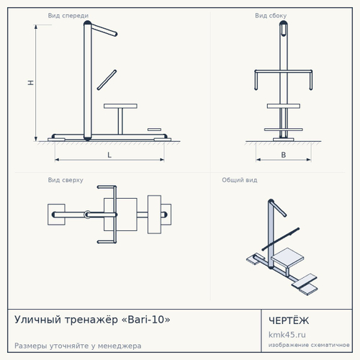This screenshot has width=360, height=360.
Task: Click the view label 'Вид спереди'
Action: click(68, 16)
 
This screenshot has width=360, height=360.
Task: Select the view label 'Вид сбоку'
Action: click(271, 16)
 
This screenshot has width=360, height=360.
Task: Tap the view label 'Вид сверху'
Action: click(66, 180)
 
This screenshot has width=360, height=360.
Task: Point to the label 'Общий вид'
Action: click(240, 180)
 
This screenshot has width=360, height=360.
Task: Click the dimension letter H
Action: click(31, 83)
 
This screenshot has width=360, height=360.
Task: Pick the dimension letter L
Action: click(109, 155)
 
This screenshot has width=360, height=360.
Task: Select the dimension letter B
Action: click(284, 155)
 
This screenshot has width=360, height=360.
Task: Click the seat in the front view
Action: click(120, 106)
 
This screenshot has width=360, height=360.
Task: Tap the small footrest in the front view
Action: click(154, 130)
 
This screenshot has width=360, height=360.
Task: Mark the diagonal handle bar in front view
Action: click(107, 80)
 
